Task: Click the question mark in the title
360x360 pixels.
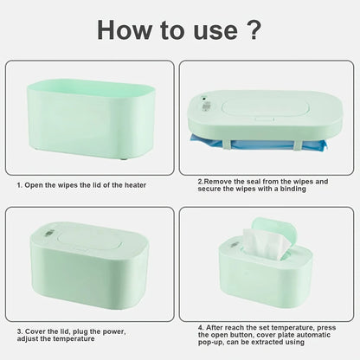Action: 254,29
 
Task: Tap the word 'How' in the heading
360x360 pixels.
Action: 124,30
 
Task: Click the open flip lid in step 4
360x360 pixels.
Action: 274,234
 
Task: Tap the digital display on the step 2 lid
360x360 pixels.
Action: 206,106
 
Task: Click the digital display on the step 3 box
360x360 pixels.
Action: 48,233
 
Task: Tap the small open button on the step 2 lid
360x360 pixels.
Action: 264,118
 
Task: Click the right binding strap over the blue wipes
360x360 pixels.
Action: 299,144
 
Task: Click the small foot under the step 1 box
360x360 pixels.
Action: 124,158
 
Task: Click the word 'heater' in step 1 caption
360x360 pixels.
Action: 135,185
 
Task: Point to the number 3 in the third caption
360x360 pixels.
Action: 19,331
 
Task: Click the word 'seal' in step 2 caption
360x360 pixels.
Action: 254,182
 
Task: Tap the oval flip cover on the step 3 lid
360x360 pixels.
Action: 90,241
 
